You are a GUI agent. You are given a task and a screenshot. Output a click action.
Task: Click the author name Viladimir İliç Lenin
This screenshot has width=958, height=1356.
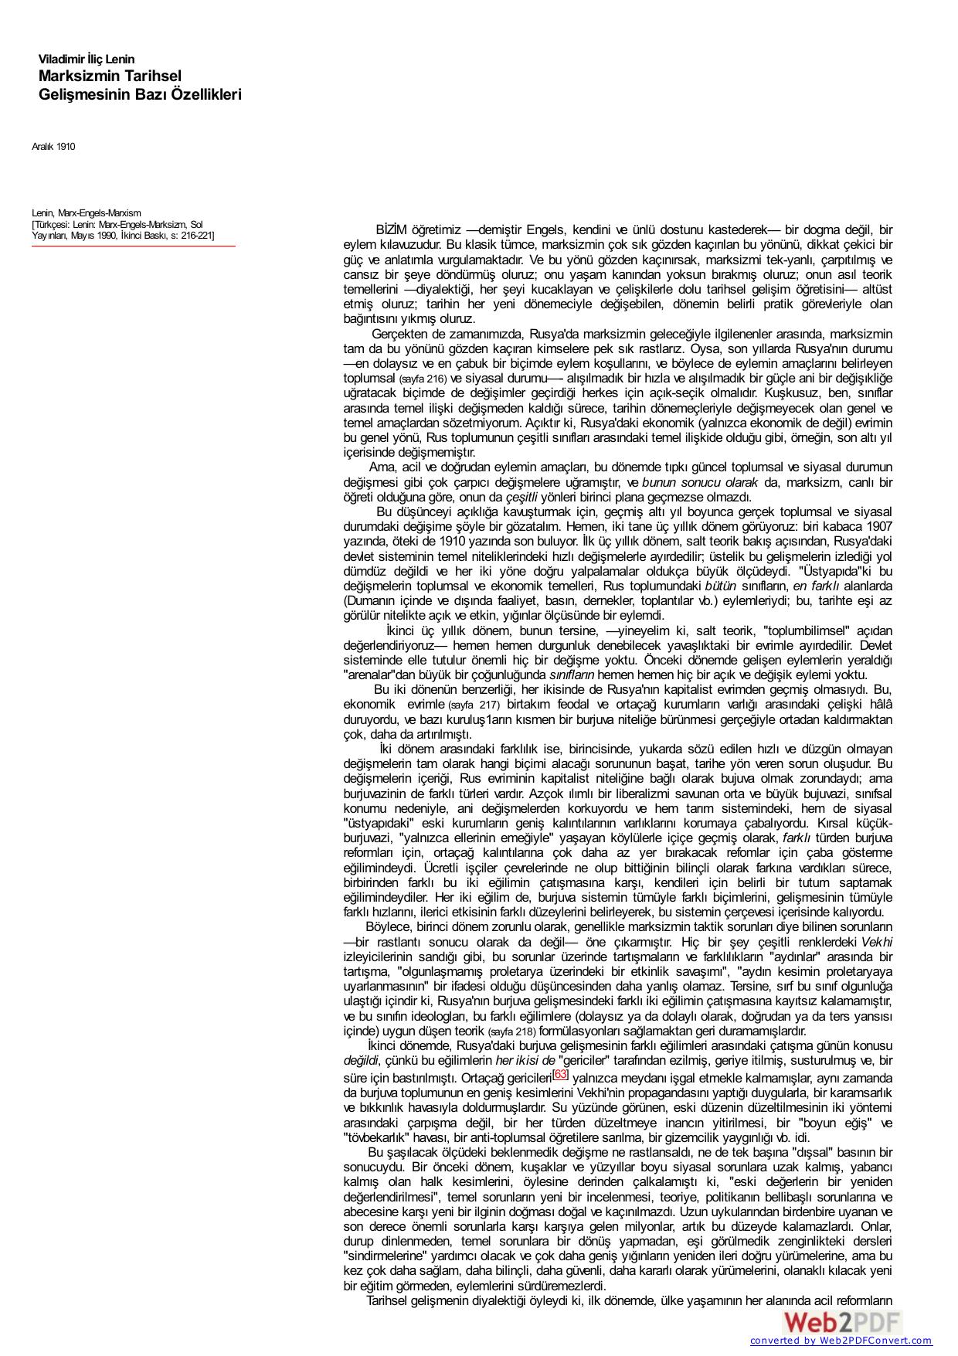point(87,59)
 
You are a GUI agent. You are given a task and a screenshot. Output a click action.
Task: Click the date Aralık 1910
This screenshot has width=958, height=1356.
point(53,147)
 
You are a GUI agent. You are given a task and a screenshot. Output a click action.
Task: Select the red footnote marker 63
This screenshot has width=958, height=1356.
point(561,1074)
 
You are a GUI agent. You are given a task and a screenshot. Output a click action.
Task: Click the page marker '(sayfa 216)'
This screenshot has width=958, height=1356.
point(423,379)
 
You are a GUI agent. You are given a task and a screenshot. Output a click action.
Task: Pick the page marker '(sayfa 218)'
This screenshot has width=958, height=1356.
point(511,1031)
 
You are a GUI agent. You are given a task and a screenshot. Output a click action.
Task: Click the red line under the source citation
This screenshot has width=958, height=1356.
point(133,246)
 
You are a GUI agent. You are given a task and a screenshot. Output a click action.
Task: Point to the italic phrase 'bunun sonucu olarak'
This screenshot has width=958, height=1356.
point(701,483)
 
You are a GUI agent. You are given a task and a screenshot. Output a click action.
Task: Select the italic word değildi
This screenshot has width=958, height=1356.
point(361,1061)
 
